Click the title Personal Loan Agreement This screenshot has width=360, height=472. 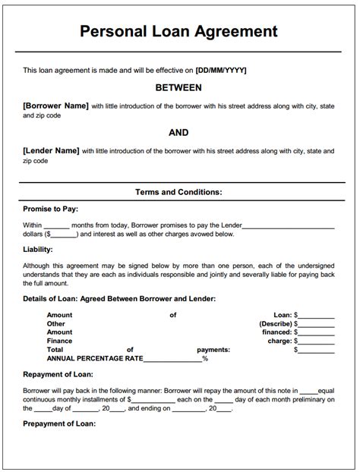(178, 31)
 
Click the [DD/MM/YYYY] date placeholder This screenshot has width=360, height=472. (221, 71)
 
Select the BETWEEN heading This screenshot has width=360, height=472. (178, 88)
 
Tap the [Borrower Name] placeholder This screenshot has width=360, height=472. (55, 105)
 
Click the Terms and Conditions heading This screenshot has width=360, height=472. (178, 192)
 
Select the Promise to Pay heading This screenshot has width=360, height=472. (50, 209)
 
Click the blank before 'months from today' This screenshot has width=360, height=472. (57, 225)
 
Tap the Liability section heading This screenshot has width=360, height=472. (38, 248)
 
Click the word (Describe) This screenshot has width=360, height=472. (275, 323)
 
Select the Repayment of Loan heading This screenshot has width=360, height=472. (58, 376)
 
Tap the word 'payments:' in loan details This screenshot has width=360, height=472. (213, 351)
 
